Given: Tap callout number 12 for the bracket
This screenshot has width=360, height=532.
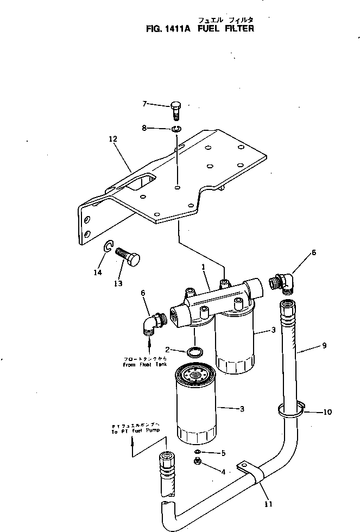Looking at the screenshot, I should (112, 139).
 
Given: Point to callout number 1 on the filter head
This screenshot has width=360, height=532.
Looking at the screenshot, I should (203, 268).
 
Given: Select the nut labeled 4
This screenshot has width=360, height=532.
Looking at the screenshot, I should (198, 461).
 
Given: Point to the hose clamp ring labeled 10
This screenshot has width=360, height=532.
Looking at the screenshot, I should (292, 411).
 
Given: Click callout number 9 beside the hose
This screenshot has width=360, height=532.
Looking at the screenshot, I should (324, 345).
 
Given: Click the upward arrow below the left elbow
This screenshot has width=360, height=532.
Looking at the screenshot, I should (150, 344).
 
